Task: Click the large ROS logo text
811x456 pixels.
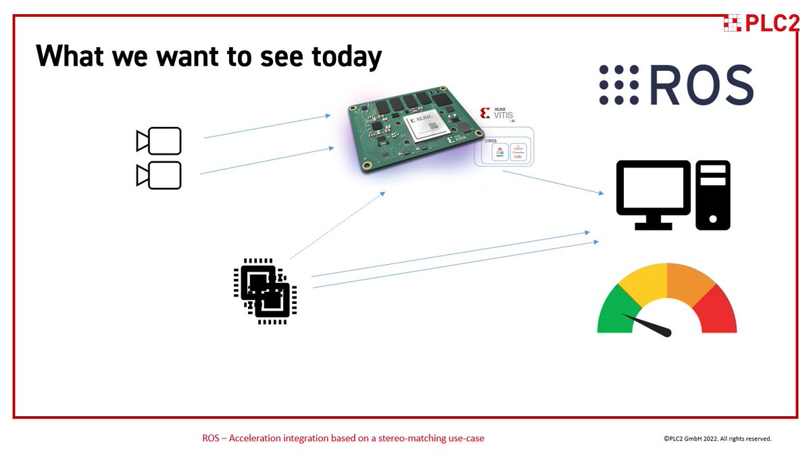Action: coord(677,86)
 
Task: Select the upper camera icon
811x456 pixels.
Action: coord(159,141)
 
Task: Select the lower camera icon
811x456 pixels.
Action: coord(159,175)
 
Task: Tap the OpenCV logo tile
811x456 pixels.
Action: coord(501,153)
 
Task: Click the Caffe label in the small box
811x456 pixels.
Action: coord(519,156)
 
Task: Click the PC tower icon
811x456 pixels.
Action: coord(713,195)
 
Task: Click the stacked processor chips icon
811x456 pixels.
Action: coord(265,290)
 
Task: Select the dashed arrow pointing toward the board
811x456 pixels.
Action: coord(337,225)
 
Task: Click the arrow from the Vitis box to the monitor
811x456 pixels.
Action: coord(553,182)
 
